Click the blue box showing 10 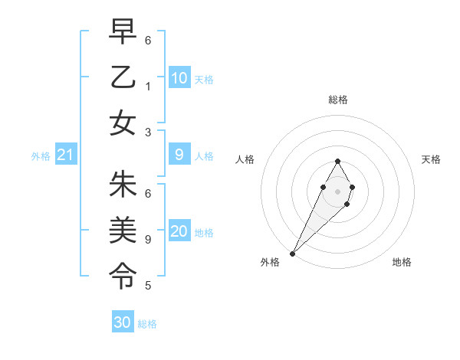click(x=179, y=78)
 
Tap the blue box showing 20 click(x=179, y=232)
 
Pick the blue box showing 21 click(x=66, y=155)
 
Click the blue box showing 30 click(x=123, y=323)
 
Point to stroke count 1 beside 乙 click(x=148, y=86)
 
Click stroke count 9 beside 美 click(x=148, y=239)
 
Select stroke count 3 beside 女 click(x=148, y=132)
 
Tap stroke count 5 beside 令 click(x=148, y=286)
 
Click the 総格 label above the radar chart click(x=337, y=100)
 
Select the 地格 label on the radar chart click(x=402, y=263)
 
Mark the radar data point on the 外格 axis click(x=292, y=253)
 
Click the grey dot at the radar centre click(x=337, y=190)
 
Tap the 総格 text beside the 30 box click(x=147, y=324)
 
